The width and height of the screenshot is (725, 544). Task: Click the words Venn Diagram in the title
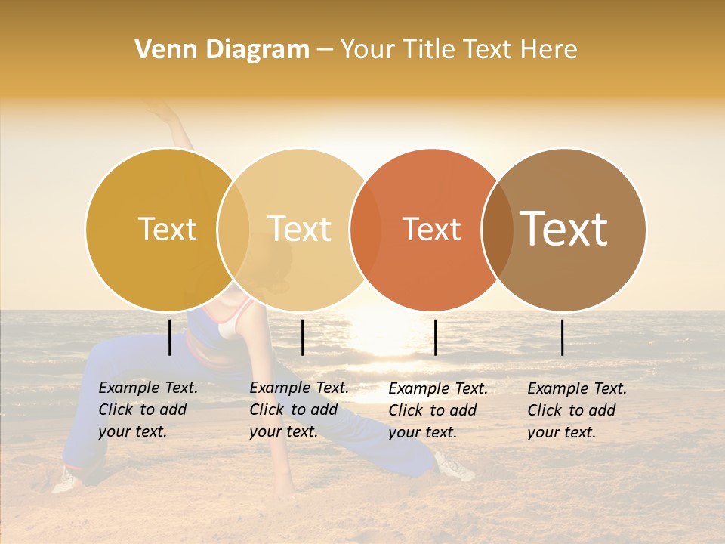tap(222, 50)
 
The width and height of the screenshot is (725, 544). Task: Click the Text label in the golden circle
tap(167, 229)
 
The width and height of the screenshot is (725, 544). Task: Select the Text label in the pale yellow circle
tap(299, 229)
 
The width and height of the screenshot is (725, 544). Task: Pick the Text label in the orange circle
tap(431, 229)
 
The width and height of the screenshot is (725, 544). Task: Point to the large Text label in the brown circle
tap(564, 229)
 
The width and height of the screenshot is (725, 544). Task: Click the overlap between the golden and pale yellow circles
tap(233, 229)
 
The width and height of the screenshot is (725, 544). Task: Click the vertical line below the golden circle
tap(170, 337)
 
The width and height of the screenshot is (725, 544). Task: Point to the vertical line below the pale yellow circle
tap(302, 337)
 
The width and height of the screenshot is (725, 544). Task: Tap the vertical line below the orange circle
tap(435, 337)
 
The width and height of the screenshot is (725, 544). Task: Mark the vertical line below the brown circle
tap(563, 337)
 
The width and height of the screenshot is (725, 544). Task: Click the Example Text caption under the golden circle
tap(148, 410)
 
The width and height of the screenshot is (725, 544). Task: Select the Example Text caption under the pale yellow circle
tap(299, 410)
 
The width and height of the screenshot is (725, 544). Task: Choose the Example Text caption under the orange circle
tap(438, 410)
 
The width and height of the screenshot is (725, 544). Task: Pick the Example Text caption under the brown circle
tap(577, 410)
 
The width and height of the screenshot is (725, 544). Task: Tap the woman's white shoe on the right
tap(455, 465)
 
